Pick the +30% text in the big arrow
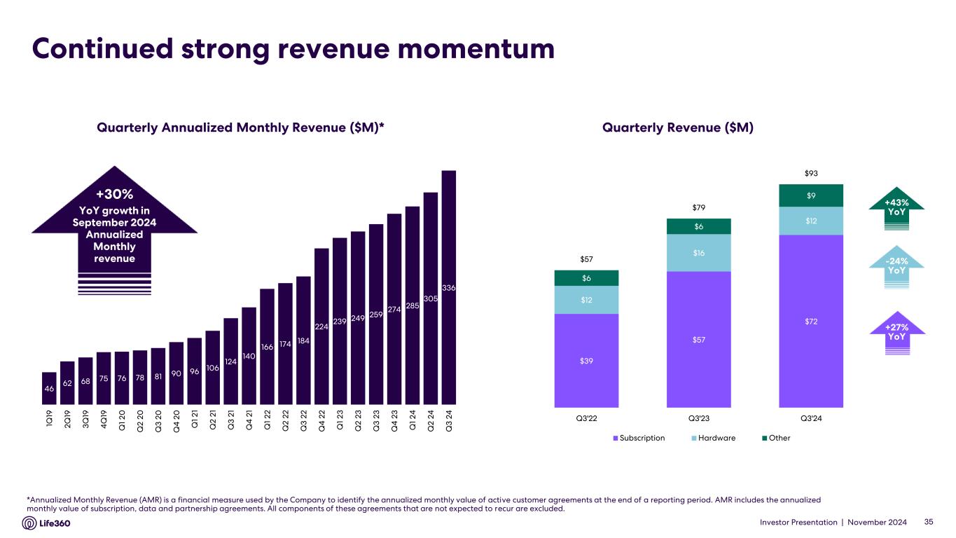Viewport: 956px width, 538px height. tap(115, 193)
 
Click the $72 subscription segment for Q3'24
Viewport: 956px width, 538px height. tap(811, 321)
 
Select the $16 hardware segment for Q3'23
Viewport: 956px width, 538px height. tap(698, 253)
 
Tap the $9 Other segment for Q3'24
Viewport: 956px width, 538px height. tap(811, 195)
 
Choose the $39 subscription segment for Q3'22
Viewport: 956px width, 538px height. tap(586, 360)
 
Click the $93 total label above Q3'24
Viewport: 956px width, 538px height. tap(811, 173)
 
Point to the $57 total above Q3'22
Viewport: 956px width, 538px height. tap(586, 259)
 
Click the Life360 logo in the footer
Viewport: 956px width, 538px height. tap(46, 523)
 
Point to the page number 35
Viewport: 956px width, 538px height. tap(929, 522)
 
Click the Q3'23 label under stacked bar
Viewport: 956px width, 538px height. tap(698, 418)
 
